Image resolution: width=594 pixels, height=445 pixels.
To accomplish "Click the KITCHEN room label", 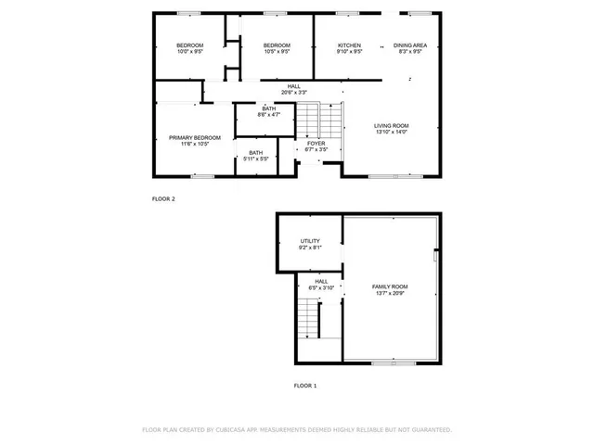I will click(x=349, y=45).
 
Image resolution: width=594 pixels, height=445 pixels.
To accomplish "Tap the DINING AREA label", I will click(x=409, y=45).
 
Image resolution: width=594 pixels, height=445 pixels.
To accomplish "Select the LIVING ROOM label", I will click(x=391, y=126).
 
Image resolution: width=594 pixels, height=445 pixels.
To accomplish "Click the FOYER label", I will click(x=316, y=143).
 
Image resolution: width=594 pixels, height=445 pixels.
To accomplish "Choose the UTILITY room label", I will click(x=310, y=241).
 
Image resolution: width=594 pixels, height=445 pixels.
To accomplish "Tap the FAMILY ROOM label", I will click(x=390, y=286).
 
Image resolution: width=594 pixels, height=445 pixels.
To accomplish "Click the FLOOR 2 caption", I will click(x=163, y=198).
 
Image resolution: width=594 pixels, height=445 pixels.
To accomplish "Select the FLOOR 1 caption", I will click(x=305, y=385).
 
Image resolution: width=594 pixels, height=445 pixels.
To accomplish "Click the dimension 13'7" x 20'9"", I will click(x=390, y=293).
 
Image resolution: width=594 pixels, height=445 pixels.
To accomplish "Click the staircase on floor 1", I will click(x=309, y=320).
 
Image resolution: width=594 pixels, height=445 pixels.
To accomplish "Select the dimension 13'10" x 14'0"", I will click(x=391, y=133).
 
